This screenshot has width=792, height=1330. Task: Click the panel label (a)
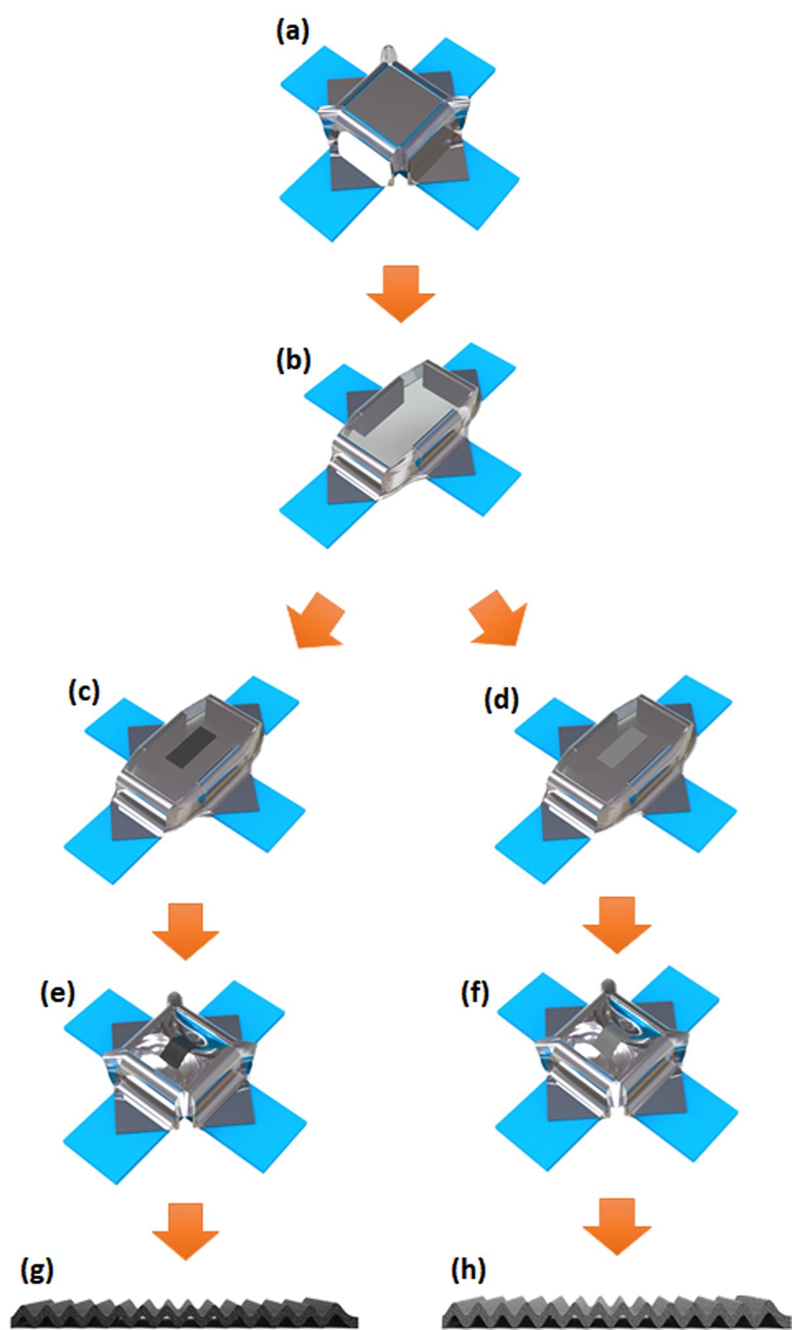tap(292, 31)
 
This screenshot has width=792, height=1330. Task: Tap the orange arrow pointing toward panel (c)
tap(317, 620)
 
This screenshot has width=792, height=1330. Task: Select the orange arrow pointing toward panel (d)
tap(498, 619)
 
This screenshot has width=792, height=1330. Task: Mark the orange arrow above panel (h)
tap(616, 1226)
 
